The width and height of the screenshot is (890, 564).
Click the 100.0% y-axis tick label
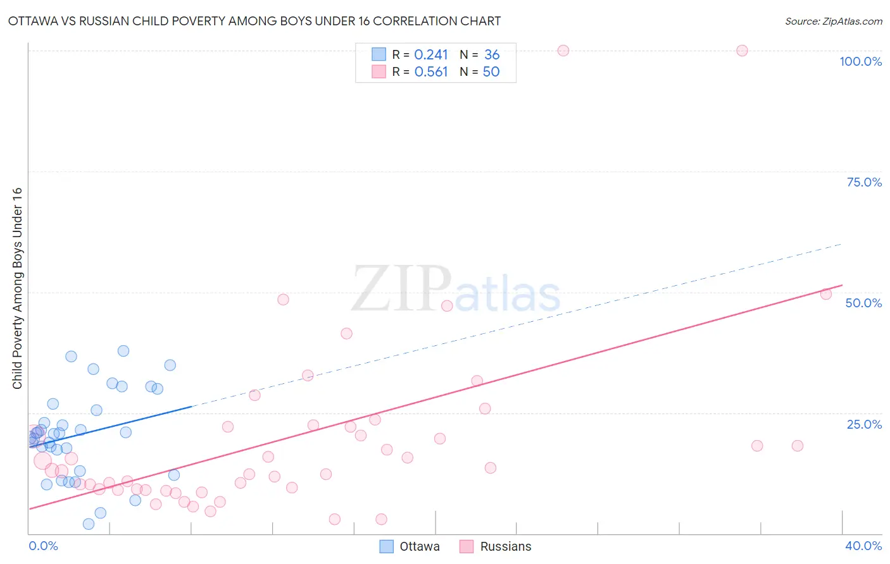pyautogui.click(x=860, y=61)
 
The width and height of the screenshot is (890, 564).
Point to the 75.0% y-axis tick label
pyautogui.click(x=864, y=182)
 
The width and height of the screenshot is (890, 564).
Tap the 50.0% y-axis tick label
pyautogui.click(x=863, y=303)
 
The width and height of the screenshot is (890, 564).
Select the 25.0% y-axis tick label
pyautogui.click(x=864, y=424)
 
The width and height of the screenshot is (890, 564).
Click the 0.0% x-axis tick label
pyautogui.click(x=43, y=546)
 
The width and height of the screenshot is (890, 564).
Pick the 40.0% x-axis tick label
pyautogui.click(x=863, y=546)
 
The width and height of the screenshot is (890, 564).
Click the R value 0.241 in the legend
pyautogui.click(x=430, y=55)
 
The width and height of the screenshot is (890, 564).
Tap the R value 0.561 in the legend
pyautogui.click(x=430, y=72)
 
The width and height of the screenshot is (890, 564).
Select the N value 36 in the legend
pyautogui.click(x=492, y=55)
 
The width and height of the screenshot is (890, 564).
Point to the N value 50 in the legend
pyautogui.click(x=491, y=72)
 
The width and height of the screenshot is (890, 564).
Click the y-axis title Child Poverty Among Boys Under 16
pyautogui.click(x=17, y=288)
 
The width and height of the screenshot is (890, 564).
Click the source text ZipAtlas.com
pyautogui.click(x=833, y=21)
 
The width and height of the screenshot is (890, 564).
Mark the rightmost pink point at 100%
pyautogui.click(x=742, y=51)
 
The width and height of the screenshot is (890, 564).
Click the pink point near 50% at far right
pyautogui.click(x=825, y=294)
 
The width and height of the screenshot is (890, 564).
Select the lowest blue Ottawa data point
pyautogui.click(x=89, y=524)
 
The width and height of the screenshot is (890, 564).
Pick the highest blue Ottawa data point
pyautogui.click(x=123, y=351)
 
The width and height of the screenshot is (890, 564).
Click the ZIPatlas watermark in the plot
pyautogui.click(x=456, y=290)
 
